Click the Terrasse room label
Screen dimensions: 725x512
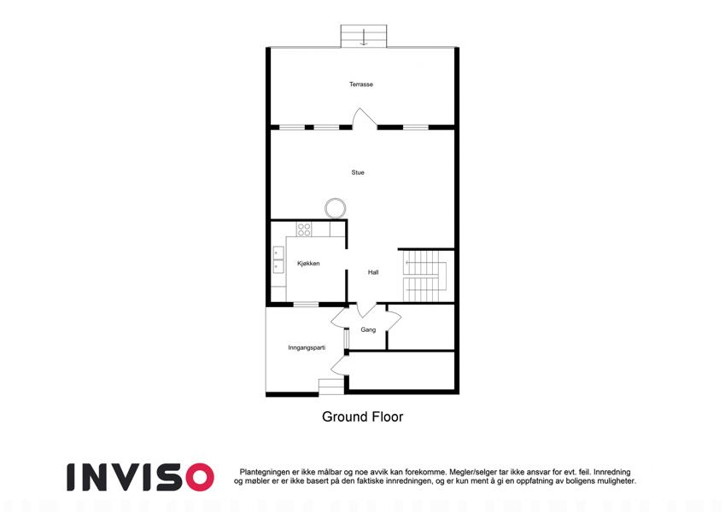(361, 84)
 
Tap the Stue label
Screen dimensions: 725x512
(358, 172)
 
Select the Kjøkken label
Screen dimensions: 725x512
(308, 264)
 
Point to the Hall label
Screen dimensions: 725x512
(373, 272)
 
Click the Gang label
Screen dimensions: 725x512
(368, 329)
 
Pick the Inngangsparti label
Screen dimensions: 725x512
(307, 347)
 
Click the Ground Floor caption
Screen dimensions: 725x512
(362, 416)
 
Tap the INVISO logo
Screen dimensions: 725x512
(140, 477)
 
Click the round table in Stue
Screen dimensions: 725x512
(336, 208)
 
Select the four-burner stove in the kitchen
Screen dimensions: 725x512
(304, 230)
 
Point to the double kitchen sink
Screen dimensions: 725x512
(278, 259)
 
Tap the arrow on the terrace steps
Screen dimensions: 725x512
(364, 37)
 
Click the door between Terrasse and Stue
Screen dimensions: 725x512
(365, 119)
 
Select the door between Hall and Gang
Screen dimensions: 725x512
(367, 310)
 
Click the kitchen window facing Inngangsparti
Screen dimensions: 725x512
(306, 304)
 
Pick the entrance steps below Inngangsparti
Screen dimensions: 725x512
(331, 387)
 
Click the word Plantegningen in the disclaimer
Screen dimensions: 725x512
(265, 472)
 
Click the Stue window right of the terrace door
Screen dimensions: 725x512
(416, 127)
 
